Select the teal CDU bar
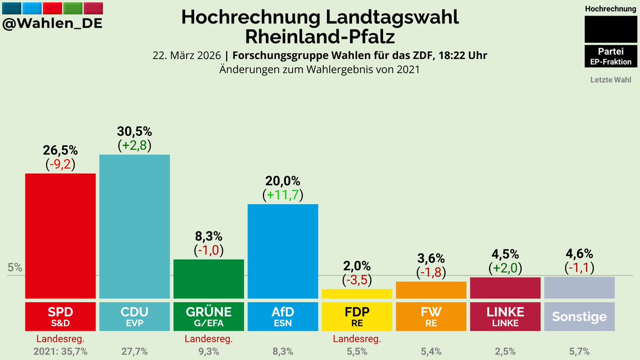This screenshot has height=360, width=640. [134, 226]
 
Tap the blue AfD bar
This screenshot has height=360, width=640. [283, 251]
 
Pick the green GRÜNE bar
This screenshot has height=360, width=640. [209, 278]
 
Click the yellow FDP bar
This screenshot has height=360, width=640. [357, 293]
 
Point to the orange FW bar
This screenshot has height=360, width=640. [431, 290]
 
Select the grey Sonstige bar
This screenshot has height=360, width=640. [579, 287]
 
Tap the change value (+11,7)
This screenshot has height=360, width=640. [283, 195]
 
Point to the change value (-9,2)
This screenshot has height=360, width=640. [60, 165]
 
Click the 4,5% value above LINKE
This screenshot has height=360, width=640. [505, 254]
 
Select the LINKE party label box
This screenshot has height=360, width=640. [505, 316]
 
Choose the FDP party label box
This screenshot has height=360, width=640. [357, 316]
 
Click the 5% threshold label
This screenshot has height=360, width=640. [15, 268]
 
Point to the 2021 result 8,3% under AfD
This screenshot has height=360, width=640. [283, 351]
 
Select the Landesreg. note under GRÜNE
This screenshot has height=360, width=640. [209, 339]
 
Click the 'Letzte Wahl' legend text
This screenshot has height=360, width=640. [611, 80]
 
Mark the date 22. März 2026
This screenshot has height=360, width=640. [186, 55]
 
